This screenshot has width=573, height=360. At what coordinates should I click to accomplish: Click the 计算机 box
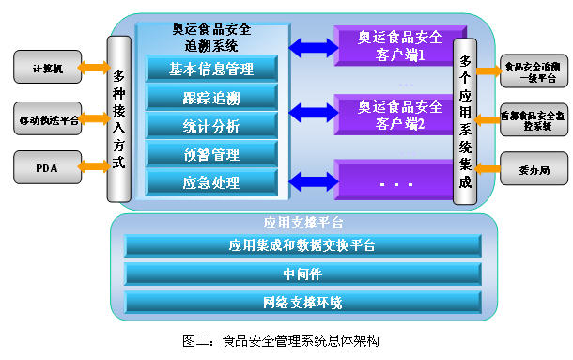[46, 67]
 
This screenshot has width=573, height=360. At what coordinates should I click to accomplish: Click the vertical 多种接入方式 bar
[117, 120]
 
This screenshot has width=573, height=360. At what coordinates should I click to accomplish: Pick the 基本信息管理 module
[211, 69]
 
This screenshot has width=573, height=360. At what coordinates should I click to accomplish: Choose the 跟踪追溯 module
[211, 98]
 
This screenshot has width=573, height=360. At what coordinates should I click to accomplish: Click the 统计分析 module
[211, 125]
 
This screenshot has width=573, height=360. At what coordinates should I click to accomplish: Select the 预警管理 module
[211, 153]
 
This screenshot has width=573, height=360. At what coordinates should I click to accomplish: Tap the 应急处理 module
[211, 182]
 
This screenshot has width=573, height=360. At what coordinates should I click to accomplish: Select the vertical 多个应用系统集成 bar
[465, 120]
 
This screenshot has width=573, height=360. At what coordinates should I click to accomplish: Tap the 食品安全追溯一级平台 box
[533, 72]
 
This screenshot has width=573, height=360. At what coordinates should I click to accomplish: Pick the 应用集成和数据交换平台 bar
[302, 246]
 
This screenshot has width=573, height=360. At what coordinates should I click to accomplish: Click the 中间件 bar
[302, 274]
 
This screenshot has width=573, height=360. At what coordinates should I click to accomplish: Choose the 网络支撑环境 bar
[302, 303]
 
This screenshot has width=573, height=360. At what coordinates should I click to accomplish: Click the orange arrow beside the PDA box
[93, 167]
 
